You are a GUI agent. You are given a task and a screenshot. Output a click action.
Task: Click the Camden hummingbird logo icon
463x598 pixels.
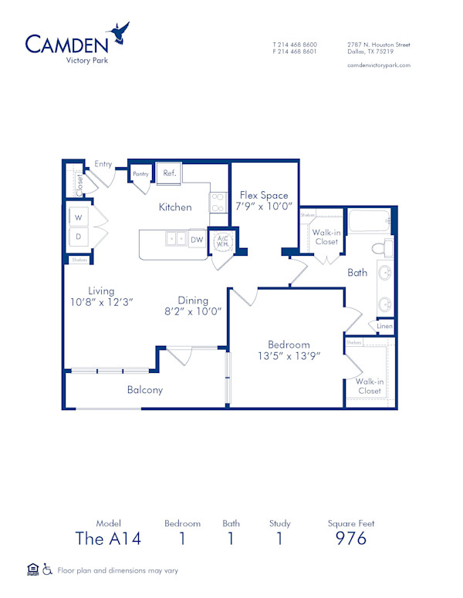coord(120,32)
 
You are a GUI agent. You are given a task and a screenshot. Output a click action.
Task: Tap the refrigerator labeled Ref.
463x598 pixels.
coord(169,173)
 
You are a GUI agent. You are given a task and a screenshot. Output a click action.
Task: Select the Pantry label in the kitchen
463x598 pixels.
coord(140,174)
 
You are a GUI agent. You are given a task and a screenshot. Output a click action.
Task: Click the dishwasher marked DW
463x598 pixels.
coord(197,240)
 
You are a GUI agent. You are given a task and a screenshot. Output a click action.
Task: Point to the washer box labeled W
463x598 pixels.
coord(79,218)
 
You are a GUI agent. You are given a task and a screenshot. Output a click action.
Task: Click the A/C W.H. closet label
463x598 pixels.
coord(222,242)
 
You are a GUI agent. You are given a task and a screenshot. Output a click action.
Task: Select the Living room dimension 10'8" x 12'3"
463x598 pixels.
coord(101,303)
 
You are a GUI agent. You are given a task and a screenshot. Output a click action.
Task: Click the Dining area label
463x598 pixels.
coord(193,301)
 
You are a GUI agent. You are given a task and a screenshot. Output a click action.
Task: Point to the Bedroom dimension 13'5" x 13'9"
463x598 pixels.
coord(289,356)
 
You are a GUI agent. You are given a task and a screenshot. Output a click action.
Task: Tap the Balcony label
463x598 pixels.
coord(145,390)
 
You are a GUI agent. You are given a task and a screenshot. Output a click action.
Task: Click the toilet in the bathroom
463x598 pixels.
coord(382,248)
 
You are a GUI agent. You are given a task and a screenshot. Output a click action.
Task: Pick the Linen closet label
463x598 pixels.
coord(384,327)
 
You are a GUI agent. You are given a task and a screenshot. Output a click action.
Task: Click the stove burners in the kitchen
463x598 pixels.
coord(218,202)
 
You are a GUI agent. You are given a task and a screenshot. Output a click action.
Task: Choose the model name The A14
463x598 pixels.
coord(108,538)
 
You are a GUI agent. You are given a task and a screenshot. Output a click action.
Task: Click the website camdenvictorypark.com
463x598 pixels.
coord(379,66)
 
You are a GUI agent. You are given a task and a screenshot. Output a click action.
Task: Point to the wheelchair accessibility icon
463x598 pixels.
coord(47,570)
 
